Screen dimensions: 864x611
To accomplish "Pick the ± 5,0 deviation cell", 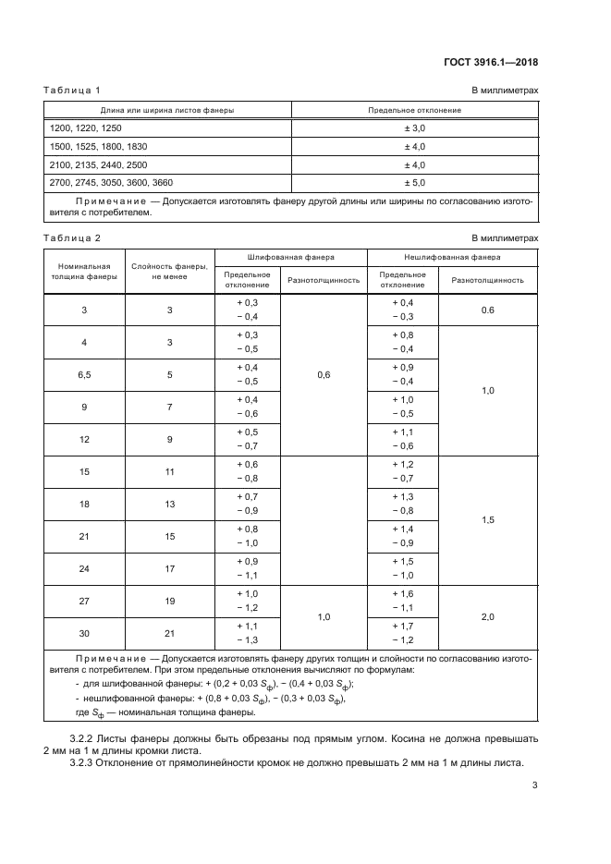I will [x=414, y=183].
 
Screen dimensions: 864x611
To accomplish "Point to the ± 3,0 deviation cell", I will [x=414, y=128].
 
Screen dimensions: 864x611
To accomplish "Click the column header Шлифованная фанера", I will [x=291, y=257].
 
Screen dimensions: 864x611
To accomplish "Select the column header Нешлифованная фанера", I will [x=452, y=257].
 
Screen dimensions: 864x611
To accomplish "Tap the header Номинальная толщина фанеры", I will [x=84, y=271].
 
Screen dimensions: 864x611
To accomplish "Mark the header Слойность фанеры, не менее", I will [x=169, y=271].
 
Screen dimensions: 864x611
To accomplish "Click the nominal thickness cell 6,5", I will [x=84, y=375].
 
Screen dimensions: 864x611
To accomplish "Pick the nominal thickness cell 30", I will [x=84, y=634].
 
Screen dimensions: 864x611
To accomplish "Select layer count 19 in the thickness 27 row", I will [x=169, y=602].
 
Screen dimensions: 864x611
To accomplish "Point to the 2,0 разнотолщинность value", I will [x=488, y=617].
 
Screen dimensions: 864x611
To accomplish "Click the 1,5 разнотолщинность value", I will [x=488, y=520].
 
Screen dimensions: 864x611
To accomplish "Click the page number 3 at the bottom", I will [x=535, y=786].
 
